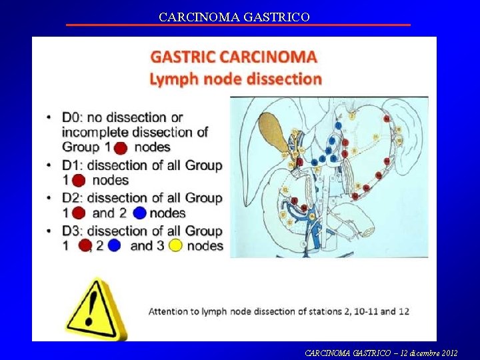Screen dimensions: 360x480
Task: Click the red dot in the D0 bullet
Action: pyautogui.click(x=121, y=147)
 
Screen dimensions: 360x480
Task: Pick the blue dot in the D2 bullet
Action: pyautogui.click(x=139, y=213)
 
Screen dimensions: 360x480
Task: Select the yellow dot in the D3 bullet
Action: pyautogui.click(x=175, y=245)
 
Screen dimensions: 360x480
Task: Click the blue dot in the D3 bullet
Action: pyautogui.click(x=114, y=245)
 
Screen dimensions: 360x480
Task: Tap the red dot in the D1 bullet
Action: pyautogui.click(x=79, y=180)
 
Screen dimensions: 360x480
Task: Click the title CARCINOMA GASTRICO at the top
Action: pyautogui.click(x=234, y=17)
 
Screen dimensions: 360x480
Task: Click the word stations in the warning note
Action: pyautogui.click(x=319, y=311)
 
